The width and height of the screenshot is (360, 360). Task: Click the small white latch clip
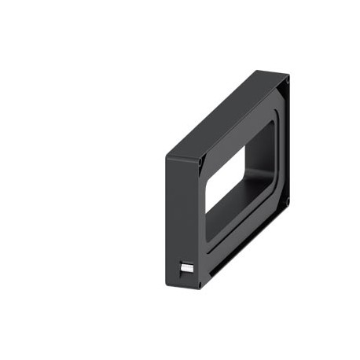pyautogui.click(x=186, y=267)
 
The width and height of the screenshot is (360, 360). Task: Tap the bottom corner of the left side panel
pyautogui.click(x=197, y=288)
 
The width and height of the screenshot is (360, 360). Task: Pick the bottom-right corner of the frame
pyautogui.click(x=290, y=206)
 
